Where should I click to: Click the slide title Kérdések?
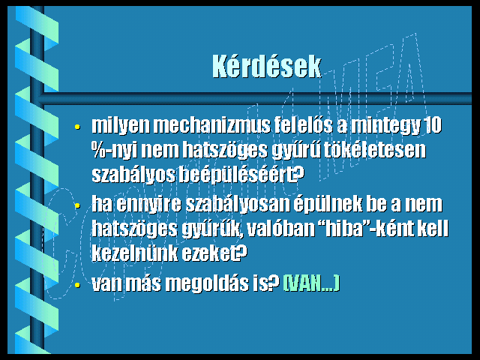pos(267,67)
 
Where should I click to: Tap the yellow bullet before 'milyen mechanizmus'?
pos(77,127)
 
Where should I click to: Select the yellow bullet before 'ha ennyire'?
pos(77,205)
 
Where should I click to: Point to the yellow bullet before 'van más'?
pos(77,285)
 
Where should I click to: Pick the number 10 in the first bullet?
pos(432,125)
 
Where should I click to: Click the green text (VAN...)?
pos(311,283)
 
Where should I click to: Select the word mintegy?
pos(385,126)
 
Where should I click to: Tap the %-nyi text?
pos(115,151)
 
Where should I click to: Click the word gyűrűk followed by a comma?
pos(211,229)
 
